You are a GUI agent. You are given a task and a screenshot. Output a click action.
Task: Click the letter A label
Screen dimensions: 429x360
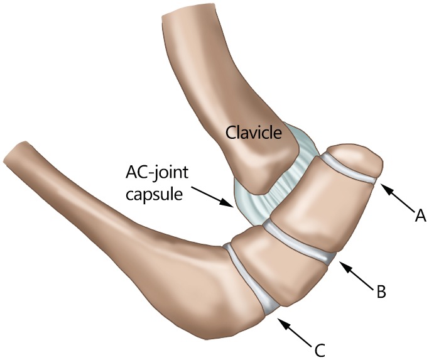coord(420,217)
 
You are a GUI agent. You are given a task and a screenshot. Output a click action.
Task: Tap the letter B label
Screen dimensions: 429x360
coord(381,291)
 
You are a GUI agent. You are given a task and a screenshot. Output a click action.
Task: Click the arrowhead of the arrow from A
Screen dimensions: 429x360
coord(382,184)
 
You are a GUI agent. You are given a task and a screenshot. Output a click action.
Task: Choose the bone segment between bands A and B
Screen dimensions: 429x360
coord(314,201)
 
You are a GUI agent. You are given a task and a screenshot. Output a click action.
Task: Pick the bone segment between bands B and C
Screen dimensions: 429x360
coord(276,264)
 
